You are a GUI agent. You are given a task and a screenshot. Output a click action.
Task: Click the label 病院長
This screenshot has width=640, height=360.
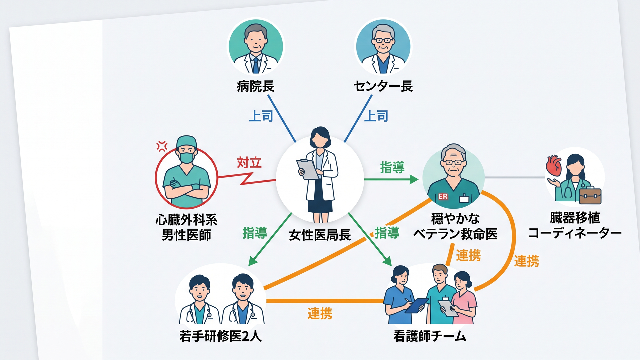click(x=256, y=86)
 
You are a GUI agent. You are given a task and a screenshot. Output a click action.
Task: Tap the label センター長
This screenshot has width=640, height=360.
click(x=383, y=86)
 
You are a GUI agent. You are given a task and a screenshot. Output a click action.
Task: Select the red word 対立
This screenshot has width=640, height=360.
click(x=249, y=163)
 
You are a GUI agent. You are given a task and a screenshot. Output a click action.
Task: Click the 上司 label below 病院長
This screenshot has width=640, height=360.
click(x=261, y=116)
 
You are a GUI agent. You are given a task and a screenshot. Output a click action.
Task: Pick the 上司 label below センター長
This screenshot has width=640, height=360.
click(x=376, y=116)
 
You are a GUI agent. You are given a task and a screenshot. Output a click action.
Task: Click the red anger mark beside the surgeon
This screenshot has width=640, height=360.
click(x=162, y=146)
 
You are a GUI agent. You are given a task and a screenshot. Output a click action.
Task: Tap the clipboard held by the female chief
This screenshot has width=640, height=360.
click(x=308, y=169)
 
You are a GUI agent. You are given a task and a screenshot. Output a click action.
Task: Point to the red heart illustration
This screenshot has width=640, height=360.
click(x=554, y=166)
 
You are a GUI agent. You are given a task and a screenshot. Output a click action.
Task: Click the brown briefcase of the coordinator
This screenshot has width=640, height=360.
click(x=590, y=196)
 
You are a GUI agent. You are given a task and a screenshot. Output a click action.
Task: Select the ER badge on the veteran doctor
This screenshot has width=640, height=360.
click(x=443, y=197)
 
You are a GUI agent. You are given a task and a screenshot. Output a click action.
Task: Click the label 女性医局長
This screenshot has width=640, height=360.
click(x=320, y=235)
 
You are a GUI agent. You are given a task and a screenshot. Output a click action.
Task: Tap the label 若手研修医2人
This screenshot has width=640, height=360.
click(x=220, y=336)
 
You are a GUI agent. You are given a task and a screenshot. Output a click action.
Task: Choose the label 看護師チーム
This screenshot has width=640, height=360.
click(x=429, y=336)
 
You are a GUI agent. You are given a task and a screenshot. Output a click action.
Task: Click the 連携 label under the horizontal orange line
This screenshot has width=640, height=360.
click(x=320, y=314)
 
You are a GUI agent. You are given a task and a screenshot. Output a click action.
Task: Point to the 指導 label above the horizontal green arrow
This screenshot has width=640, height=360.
click(x=392, y=167)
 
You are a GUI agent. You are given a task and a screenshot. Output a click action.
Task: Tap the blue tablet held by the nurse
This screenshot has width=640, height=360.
click(x=416, y=305)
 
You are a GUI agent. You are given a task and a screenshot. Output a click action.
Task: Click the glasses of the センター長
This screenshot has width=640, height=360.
click(x=383, y=40)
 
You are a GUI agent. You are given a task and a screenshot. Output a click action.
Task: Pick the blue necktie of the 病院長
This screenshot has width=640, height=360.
click(x=256, y=65)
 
